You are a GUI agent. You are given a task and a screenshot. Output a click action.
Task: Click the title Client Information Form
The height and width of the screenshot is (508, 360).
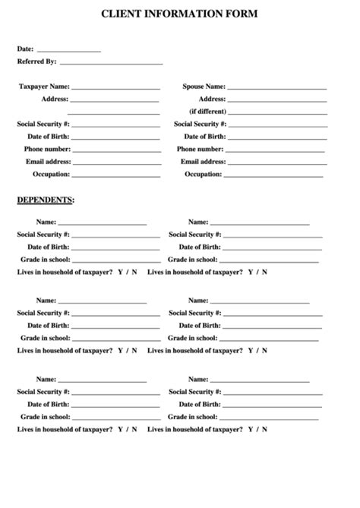click(179, 14)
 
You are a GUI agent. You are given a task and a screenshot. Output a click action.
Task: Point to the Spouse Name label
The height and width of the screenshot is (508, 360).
click(204, 87)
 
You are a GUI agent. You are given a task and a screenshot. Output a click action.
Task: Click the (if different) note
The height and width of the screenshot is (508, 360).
click(207, 111)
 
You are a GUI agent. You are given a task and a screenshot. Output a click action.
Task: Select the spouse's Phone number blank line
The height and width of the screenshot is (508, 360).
click(276, 150)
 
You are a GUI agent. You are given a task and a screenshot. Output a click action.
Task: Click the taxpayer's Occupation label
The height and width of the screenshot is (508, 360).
click(51, 174)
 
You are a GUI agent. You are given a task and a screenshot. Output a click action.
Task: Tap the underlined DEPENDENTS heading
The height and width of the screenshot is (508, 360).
click(46, 200)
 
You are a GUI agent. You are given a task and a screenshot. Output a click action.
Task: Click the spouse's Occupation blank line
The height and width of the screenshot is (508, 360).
click(275, 175)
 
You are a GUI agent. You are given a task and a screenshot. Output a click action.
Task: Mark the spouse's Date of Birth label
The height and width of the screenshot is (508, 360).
click(203, 137)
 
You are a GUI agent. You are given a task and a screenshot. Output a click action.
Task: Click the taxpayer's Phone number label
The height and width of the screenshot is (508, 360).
click(47, 150)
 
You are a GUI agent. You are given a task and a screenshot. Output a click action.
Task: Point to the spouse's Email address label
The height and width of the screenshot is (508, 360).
click(203, 162)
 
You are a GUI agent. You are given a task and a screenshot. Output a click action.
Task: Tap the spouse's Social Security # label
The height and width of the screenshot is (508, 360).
click(200, 124)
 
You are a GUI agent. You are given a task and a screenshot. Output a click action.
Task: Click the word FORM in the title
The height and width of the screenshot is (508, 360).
click(241, 14)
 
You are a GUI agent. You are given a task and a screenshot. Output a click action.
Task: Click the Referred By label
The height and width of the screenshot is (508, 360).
click(36, 62)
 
